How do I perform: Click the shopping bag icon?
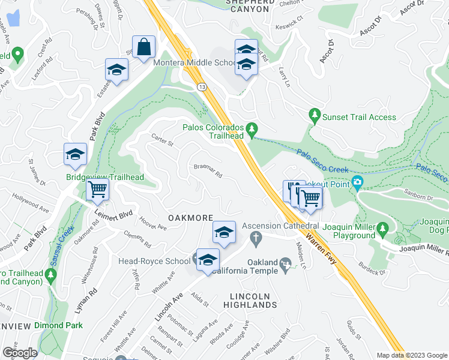coord(145,47)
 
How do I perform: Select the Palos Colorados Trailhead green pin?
coord(252,128)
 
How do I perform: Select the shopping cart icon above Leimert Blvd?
coord(97,190)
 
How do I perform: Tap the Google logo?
coord(20,353)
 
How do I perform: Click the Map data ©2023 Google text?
coord(411,355)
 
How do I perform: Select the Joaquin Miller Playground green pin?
coord(382,228)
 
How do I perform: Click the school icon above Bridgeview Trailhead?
coord(76,154)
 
